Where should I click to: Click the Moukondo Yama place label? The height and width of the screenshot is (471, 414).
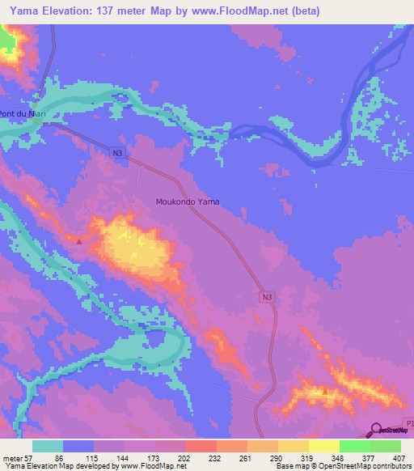187,202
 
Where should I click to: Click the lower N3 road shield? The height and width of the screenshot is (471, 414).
267,298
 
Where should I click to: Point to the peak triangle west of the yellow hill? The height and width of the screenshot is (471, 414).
78,240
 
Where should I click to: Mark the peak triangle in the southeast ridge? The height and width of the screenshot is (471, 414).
325,391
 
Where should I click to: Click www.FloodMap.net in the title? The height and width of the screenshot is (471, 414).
239,11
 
